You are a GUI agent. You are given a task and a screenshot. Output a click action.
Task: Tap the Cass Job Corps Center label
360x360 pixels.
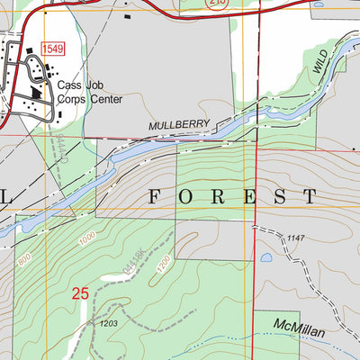point(88,93)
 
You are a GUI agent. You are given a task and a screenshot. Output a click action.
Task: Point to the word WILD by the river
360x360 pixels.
point(322,61)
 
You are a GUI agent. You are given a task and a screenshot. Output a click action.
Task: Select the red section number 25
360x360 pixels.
point(81,292)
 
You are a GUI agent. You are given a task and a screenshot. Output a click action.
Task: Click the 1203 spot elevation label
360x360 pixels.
point(110,324)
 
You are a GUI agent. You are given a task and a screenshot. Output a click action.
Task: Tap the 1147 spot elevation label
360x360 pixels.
point(299,237)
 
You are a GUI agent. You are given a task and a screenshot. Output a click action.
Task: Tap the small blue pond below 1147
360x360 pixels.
point(266,258)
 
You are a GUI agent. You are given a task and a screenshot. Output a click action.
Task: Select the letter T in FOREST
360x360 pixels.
point(309,196)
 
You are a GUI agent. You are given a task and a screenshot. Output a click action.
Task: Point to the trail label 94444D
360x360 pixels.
point(59,144)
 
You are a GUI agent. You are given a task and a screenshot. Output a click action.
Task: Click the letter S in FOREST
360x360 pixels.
point(278,196)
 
